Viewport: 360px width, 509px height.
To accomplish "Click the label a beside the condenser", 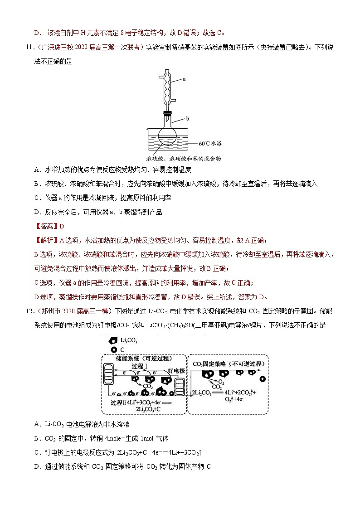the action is (x=185, y=79).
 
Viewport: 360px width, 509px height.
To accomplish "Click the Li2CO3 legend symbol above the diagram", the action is (x=112, y=340).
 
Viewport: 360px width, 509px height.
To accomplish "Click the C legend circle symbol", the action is (x=112, y=349).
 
